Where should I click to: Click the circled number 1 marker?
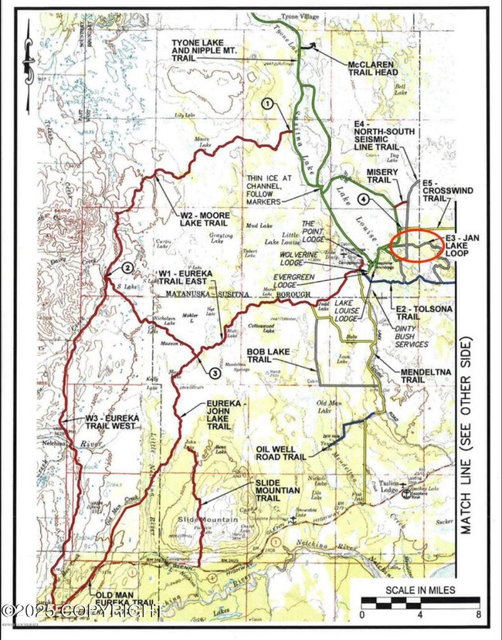click(267, 103)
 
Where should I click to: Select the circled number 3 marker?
click(215, 371)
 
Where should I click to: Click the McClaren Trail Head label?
click(374, 67)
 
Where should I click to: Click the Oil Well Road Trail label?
click(287, 452)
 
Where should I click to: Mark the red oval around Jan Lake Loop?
click(416, 246)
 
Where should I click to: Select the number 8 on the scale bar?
click(479, 616)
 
